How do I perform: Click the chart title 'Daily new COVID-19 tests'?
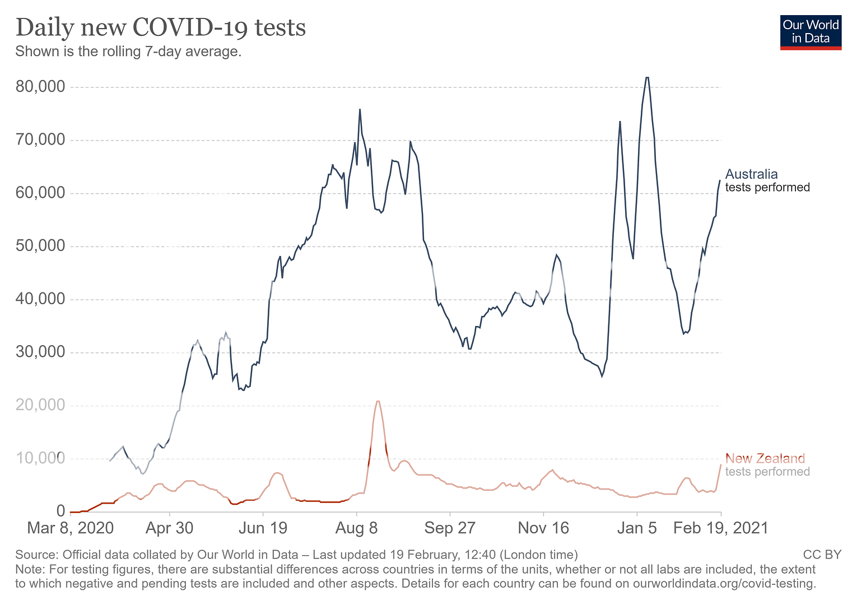[161, 27]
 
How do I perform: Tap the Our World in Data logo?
[811, 32]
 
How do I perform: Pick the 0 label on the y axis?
[60, 511]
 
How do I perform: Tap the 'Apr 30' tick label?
[169, 528]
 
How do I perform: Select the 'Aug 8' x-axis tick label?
[356, 528]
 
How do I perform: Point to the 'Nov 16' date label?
[543, 528]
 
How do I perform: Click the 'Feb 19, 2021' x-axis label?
[720, 528]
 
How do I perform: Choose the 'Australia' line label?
[751, 174]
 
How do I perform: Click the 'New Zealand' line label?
[765, 459]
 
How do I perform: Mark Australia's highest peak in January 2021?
[647, 78]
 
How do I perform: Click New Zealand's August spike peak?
[378, 401]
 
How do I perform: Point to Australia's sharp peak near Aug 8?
[360, 110]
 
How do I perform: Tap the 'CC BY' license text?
[822, 555]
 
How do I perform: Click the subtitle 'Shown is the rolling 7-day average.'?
[128, 52]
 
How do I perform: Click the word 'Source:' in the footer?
[37, 555]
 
